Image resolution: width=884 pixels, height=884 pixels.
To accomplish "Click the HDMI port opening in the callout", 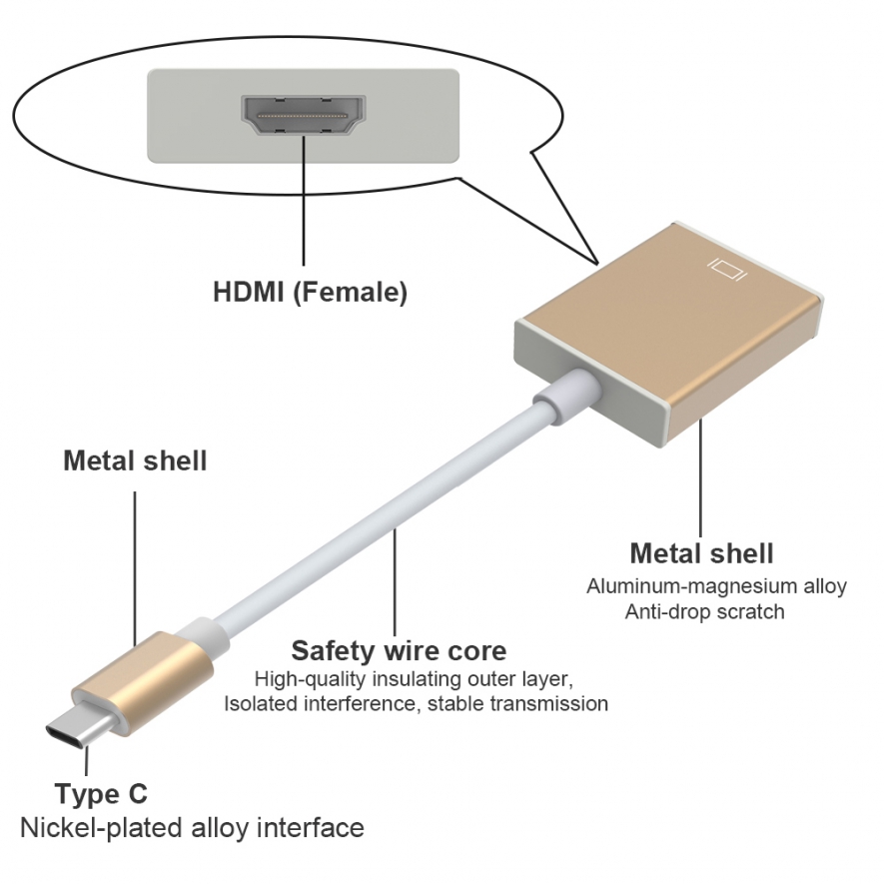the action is pos(304,115).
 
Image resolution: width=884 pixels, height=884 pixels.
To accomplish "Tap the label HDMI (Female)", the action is pos(310,292).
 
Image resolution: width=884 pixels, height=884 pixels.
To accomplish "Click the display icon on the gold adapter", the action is pos(727,269).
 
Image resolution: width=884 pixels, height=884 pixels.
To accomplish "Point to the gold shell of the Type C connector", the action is pos(143,683).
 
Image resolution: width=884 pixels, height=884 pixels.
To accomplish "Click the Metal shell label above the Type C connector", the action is pos(135,460).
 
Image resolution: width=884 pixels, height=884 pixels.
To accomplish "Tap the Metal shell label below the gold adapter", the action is pos(702,553).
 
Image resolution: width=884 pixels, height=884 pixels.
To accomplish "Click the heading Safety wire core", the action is pos(399,650).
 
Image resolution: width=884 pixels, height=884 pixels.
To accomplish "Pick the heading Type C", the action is pos(101,794).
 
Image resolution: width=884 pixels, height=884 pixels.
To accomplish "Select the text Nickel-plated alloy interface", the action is pos(192,828).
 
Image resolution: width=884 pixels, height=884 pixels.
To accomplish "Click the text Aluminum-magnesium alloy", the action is pos(716,586).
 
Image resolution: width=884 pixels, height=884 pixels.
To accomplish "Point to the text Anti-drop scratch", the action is pos(705,611).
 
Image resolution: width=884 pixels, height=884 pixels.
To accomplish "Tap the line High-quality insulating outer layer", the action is pos(414,679).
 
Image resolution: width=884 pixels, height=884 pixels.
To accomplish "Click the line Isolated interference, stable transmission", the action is pos(417,703).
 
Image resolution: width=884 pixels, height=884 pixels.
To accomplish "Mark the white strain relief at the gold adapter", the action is pos(565,396).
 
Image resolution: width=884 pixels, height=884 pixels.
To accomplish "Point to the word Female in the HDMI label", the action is pos(351,292).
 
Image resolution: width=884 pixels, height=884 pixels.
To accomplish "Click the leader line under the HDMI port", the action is pos(304,201).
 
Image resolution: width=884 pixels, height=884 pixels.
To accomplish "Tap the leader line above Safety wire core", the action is pos(395,583).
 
